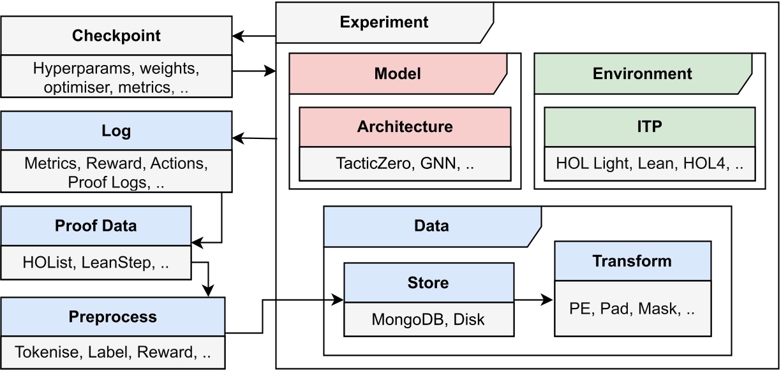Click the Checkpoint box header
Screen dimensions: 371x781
point(115,36)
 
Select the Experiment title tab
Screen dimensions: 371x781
point(383,22)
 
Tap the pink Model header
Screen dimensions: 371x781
point(398,73)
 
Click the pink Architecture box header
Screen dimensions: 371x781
point(405,126)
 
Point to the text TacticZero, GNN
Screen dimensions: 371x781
point(405,164)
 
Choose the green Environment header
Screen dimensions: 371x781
point(642,73)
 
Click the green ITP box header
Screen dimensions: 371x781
point(649,126)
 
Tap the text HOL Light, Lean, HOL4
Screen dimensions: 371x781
point(649,164)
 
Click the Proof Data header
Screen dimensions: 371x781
point(96,226)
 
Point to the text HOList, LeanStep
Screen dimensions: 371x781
point(96,262)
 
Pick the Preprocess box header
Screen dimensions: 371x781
point(112,317)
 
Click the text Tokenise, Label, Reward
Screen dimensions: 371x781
point(112,352)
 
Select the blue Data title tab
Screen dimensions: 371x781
point(431,226)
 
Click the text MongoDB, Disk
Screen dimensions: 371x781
point(428,319)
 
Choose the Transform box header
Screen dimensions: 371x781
point(632,261)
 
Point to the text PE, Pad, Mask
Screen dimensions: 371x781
point(632,309)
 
